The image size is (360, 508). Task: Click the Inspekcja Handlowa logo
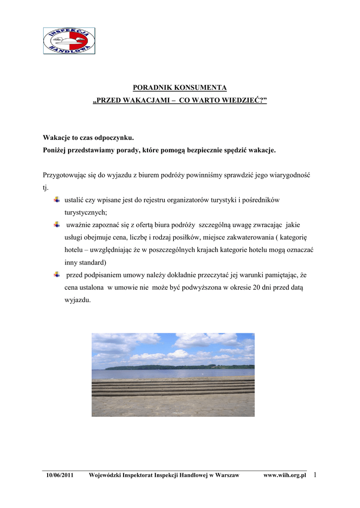click(69, 41)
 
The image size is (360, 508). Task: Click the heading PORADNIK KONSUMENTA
click(180, 88)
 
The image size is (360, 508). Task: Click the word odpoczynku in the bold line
click(112, 137)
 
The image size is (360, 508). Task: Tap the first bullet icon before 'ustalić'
click(57, 199)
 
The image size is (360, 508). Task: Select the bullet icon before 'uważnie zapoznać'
click(57, 225)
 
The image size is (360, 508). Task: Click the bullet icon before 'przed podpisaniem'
click(57, 274)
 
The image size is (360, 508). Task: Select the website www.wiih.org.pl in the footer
click(285, 475)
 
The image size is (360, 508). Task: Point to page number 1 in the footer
click(315, 475)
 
